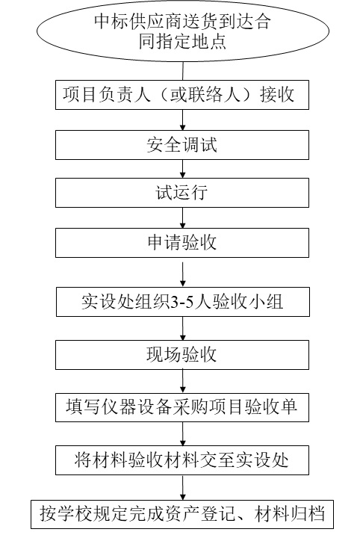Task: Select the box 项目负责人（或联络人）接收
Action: tap(182, 95)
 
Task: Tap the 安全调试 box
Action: tap(182, 145)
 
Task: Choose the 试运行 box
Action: tap(182, 193)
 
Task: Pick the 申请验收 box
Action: tap(182, 243)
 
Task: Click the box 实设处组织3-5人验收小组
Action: tap(183, 302)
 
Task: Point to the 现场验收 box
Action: tap(182, 355)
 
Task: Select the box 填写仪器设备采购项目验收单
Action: tap(182, 407)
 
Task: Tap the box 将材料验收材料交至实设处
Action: tap(182, 460)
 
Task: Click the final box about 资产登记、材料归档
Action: tap(182, 514)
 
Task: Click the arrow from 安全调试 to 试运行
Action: tap(182, 169)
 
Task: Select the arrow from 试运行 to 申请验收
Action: tap(182, 217)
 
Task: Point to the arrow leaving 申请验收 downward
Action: tap(183, 274)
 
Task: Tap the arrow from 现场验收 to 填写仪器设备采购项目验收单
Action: tap(183, 381)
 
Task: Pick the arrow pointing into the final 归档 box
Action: tap(183, 487)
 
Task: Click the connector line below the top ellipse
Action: tap(183, 71)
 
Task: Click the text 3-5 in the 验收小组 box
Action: tap(183, 303)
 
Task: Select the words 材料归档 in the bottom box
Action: tap(290, 514)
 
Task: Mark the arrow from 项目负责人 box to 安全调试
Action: tap(182, 120)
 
